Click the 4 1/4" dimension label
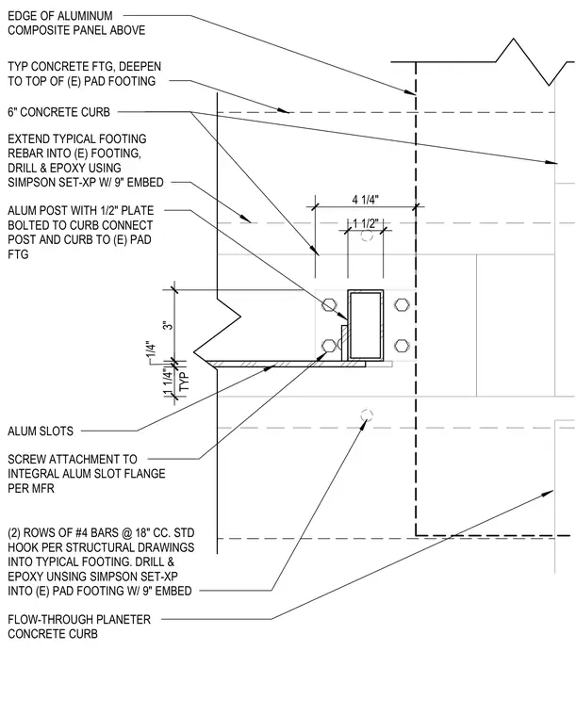point(366,200)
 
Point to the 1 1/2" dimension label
point(366,223)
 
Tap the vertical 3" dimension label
point(169,326)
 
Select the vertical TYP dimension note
point(184,381)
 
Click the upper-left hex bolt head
point(329,304)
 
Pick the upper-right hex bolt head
point(402,304)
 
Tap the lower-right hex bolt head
point(402,345)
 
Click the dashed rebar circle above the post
point(367,236)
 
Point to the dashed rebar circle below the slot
point(367,415)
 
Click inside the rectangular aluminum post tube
point(366,324)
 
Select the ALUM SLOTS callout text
point(41,431)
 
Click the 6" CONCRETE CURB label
point(59,112)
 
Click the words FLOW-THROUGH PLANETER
point(79,619)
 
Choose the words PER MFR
point(31,488)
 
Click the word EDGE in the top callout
point(22,16)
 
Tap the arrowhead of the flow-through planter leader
point(547,494)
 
